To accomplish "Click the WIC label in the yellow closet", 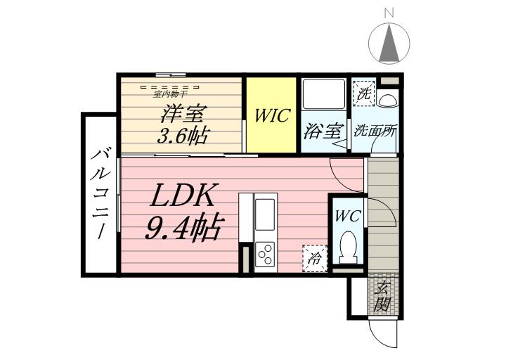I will tap(271, 115).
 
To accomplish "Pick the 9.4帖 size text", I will tap(183, 228).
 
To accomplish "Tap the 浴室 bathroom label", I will tap(323, 131).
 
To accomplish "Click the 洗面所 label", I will tap(376, 131).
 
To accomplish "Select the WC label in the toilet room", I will tap(346, 217).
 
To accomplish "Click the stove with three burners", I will tap(266, 255).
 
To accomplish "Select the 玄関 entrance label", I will tap(382, 295).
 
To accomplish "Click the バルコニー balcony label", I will tap(99, 193).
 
